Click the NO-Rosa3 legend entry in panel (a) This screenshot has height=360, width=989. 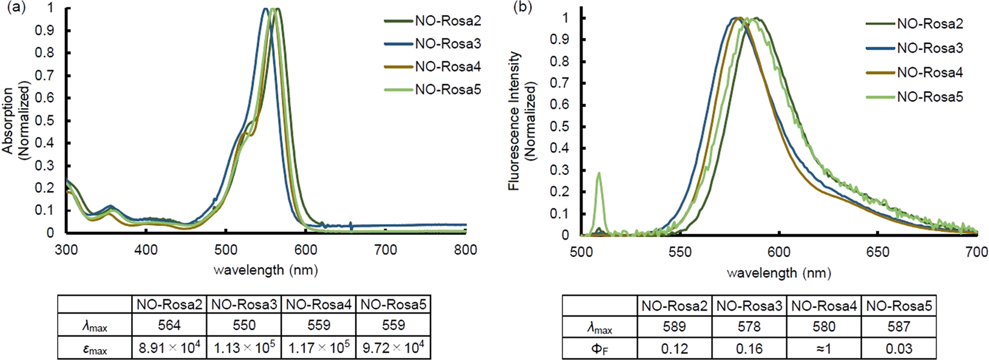click(447, 44)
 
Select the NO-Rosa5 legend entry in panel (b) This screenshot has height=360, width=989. click(929, 97)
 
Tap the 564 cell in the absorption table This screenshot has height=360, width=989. click(169, 325)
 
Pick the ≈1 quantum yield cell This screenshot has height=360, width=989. click(824, 348)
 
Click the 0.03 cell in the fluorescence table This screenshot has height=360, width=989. click(898, 348)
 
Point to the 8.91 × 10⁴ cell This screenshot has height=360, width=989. click(169, 348)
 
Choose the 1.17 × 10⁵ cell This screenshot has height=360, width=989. click(319, 348)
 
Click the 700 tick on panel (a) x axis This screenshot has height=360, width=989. click(385, 249)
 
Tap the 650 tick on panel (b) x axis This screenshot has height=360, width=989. click(877, 252)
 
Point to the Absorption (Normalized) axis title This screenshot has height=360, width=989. click(16, 120)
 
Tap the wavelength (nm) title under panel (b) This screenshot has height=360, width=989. click(779, 273)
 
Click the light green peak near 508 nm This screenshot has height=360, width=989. click(599, 174)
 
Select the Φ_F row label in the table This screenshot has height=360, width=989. click(599, 348)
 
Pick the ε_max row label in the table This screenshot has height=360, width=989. click(94, 349)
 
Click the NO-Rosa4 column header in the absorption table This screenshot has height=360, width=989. click(319, 304)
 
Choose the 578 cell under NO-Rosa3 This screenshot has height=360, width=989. click(749, 326)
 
